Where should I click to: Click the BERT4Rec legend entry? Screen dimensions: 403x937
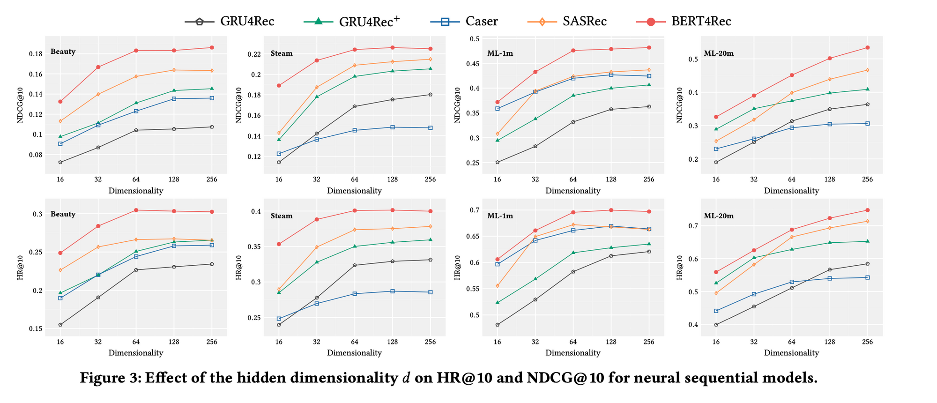point(700,21)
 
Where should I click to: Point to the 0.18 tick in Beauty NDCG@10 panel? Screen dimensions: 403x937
point(36,54)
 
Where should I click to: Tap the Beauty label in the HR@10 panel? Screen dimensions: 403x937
point(63,214)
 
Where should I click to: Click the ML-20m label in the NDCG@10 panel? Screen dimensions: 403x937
point(719,53)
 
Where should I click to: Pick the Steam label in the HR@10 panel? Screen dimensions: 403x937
point(282,216)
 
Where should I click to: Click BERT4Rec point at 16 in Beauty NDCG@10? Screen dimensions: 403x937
point(60,102)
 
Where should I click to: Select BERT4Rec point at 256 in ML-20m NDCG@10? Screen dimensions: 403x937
point(867,47)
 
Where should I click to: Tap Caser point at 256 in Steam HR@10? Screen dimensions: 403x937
point(430,292)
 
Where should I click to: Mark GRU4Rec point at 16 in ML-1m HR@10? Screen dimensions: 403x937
point(498,325)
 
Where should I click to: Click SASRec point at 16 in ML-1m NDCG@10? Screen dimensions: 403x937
point(498,134)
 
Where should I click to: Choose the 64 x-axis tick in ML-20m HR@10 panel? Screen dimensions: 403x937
point(791,342)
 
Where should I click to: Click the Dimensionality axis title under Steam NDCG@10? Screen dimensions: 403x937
point(354,191)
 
